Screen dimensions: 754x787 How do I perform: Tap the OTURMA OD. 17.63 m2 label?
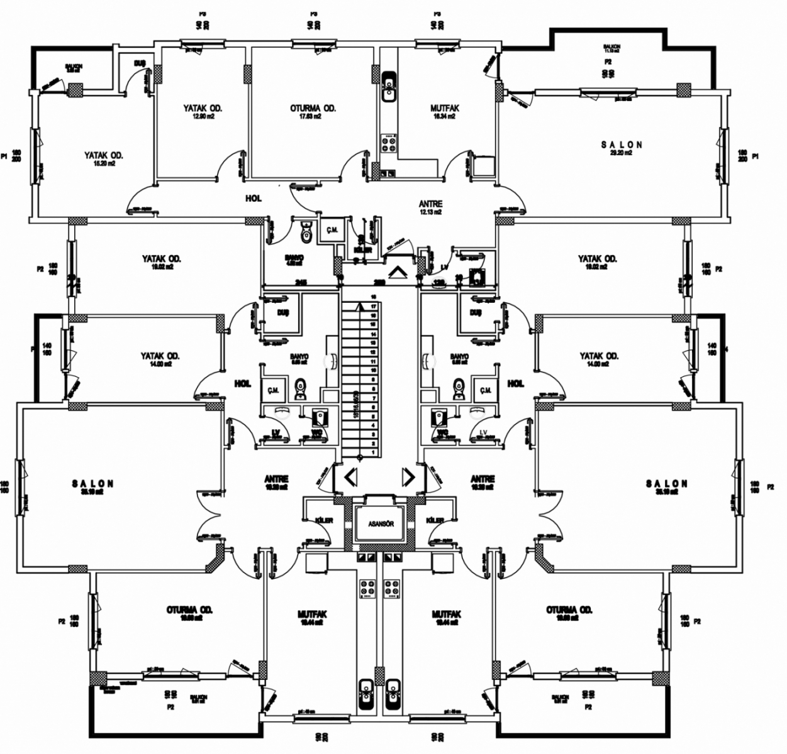(x=313, y=111)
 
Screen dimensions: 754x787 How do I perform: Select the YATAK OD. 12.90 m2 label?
(x=203, y=111)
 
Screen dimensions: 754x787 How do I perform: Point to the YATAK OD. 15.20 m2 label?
(x=104, y=158)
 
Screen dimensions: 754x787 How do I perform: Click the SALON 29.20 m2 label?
(x=622, y=148)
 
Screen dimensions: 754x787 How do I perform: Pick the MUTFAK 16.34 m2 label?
(x=445, y=111)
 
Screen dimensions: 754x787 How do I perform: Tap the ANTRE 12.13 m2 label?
(x=430, y=207)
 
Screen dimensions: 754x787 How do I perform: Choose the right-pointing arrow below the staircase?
(x=408, y=478)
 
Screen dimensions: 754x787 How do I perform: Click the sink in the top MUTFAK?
(x=389, y=87)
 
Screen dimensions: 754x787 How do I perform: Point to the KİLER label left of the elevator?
(x=323, y=520)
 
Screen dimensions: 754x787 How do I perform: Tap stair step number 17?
(x=374, y=307)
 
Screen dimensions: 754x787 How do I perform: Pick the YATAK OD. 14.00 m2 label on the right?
(x=599, y=359)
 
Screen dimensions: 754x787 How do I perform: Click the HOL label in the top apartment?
(x=253, y=199)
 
